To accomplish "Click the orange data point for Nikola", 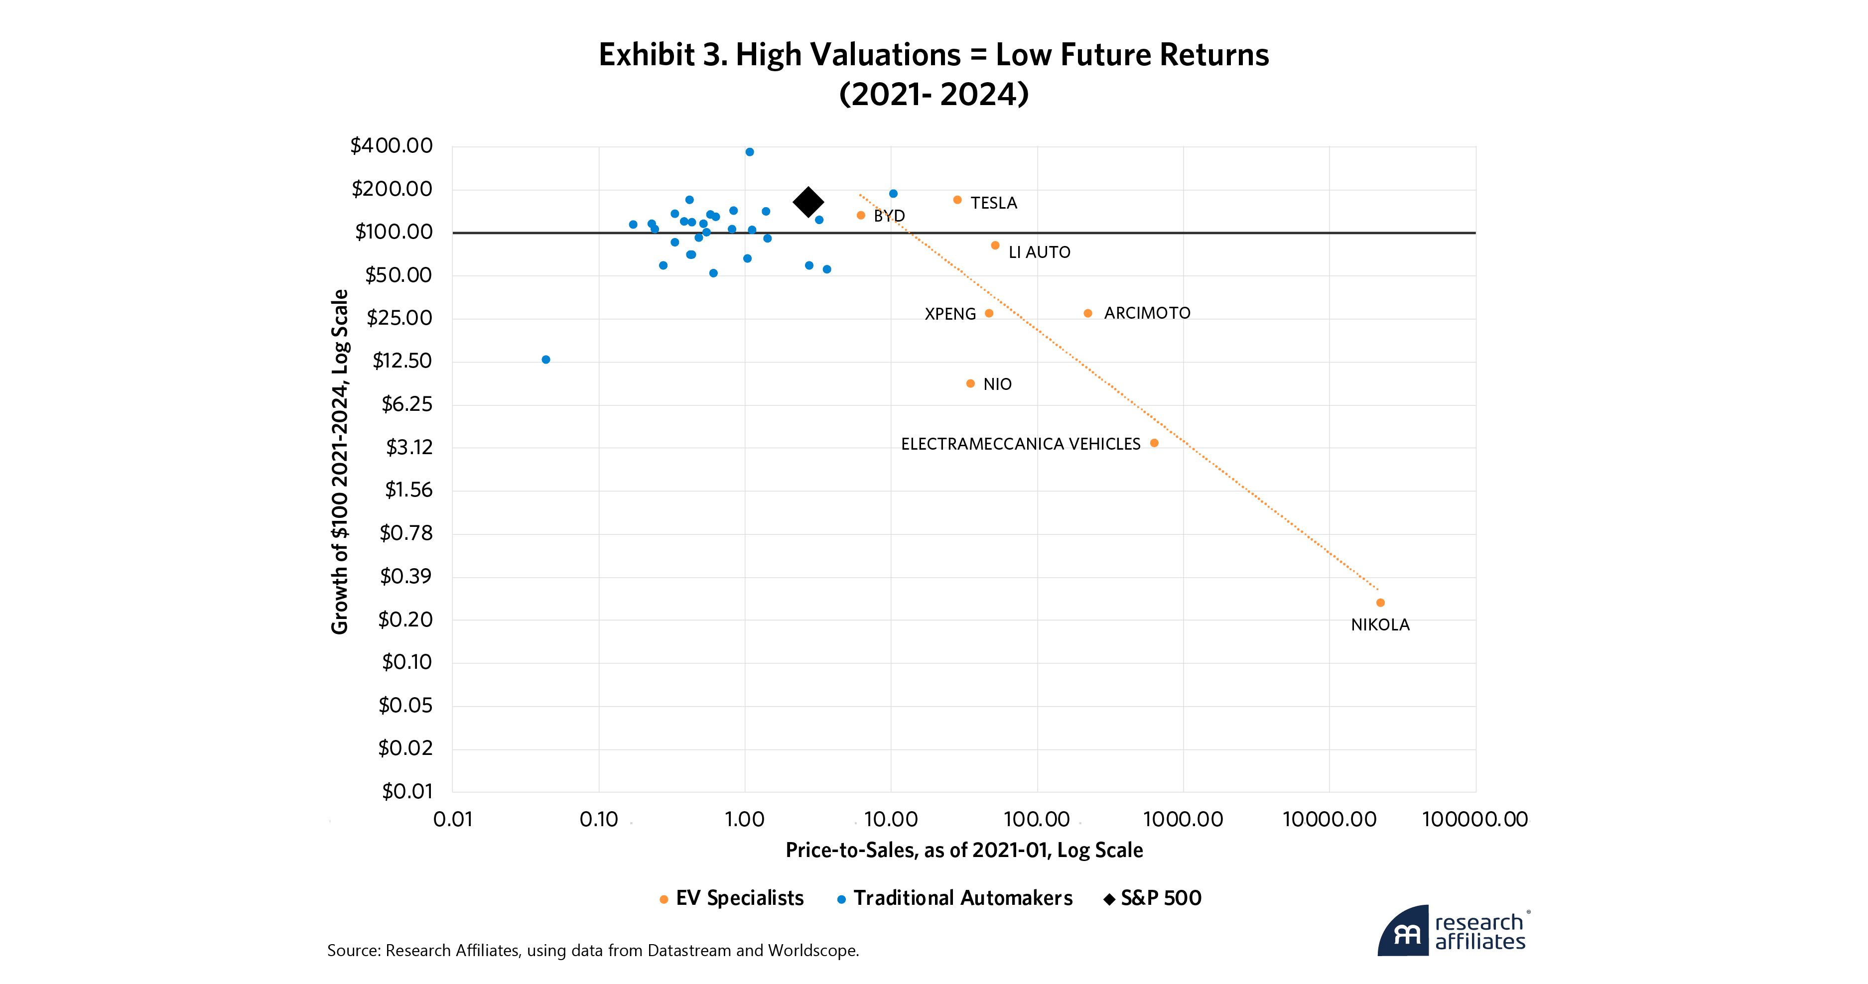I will pyautogui.click(x=1380, y=603).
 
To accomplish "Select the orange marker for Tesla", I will pyautogui.click(x=957, y=200).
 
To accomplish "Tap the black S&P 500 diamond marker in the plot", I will pyautogui.click(x=808, y=202).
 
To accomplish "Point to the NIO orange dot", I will pyautogui.click(x=970, y=383).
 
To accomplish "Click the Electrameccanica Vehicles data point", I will pyautogui.click(x=1154, y=443).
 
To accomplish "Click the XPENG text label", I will pyautogui.click(x=950, y=314).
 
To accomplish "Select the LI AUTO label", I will pyautogui.click(x=1039, y=252).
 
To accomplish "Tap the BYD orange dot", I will pyautogui.click(x=861, y=215).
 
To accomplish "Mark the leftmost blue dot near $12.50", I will pyautogui.click(x=546, y=360).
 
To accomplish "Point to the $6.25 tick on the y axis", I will pyautogui.click(x=407, y=404).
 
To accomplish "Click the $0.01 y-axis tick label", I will pyautogui.click(x=407, y=791).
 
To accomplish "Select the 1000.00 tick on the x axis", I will pyautogui.click(x=1183, y=819).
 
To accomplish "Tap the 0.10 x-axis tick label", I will pyautogui.click(x=599, y=819).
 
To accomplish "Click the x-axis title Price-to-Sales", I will pyautogui.click(x=964, y=850).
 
